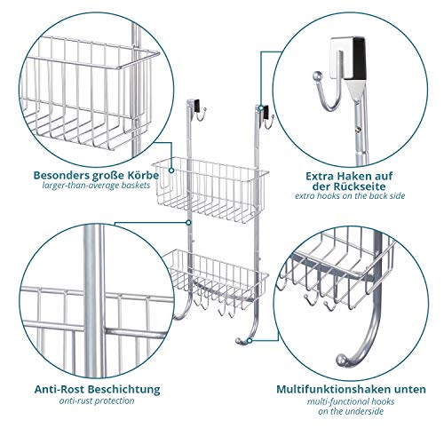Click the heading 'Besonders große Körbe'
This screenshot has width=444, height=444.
[x=96, y=175]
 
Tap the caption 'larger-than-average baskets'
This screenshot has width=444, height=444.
[x=96, y=186]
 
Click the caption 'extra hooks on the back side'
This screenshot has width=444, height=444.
[x=350, y=196]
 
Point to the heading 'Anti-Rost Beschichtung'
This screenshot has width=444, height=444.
[x=97, y=389]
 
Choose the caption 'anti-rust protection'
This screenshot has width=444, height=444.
[x=97, y=401]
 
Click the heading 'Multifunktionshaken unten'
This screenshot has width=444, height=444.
[x=351, y=389]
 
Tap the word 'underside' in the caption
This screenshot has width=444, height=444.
[x=365, y=411]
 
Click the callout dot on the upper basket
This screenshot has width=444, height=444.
[x=171, y=170]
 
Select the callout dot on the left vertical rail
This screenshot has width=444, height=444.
[x=188, y=222]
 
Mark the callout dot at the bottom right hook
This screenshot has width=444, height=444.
[x=250, y=341]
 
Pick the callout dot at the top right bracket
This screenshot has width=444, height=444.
[x=260, y=108]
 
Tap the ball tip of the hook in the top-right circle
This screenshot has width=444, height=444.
[x=317, y=75]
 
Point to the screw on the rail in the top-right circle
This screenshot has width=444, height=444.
[x=360, y=129]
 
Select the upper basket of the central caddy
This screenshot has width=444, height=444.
[x=210, y=189]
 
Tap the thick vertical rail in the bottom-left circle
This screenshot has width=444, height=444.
[x=94, y=299]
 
